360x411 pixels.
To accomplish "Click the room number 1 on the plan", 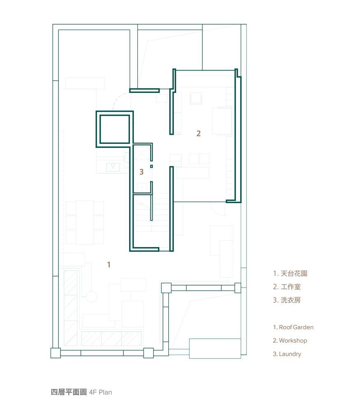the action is click(109, 264).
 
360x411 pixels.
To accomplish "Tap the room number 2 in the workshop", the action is click(198, 134).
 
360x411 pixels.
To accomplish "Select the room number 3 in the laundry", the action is click(142, 172).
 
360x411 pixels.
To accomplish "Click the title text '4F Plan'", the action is click(100, 392).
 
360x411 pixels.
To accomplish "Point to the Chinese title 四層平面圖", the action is click(69, 392).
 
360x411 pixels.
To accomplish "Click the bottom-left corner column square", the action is click(56, 353).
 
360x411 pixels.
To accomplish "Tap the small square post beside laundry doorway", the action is click(151, 166).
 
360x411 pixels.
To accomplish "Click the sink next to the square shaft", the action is click(113, 167).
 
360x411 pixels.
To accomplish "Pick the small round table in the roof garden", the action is click(91, 297).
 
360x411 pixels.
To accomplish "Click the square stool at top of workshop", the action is click(196, 98).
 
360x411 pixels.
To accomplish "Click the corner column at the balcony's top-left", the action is click(166, 288).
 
